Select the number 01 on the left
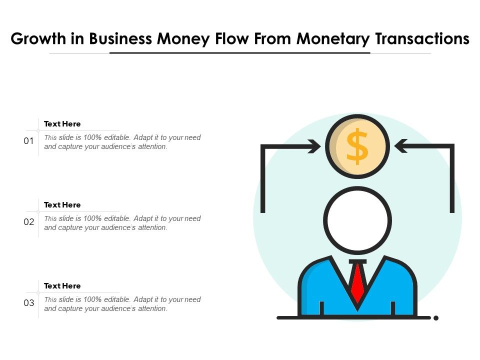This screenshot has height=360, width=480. pos(29,141)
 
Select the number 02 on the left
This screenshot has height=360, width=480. pos(29,222)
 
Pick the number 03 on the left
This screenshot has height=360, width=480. pos(29,303)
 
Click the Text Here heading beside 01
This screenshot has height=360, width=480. pos(62,124)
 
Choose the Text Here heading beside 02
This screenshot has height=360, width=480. pos(62,205)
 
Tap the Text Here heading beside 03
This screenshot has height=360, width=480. pos(62,286)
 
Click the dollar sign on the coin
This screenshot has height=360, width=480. pos(357,146)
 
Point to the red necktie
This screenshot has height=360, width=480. pos(357,282)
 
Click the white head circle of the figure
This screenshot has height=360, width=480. pos(357,220)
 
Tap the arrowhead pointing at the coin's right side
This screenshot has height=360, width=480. pos(400,146)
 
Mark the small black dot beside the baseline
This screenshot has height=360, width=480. pos(436,317)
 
